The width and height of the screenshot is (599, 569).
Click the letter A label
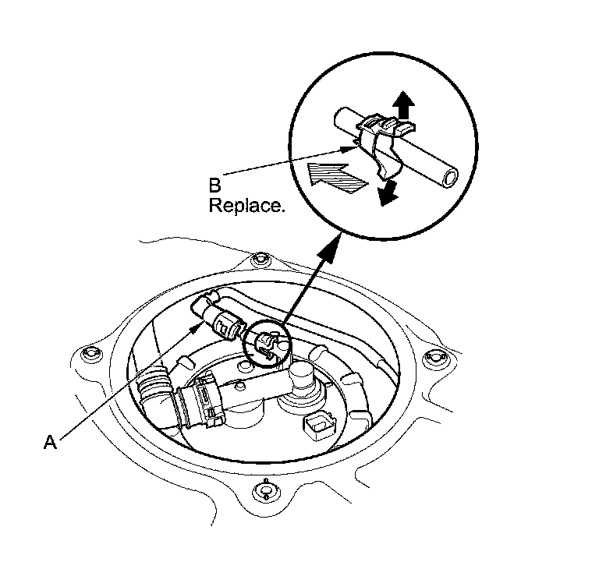pyautogui.click(x=51, y=442)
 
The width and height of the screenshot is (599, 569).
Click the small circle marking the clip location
pyautogui.click(x=265, y=345)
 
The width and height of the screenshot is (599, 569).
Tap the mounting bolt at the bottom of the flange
pyautogui.click(x=267, y=490)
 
